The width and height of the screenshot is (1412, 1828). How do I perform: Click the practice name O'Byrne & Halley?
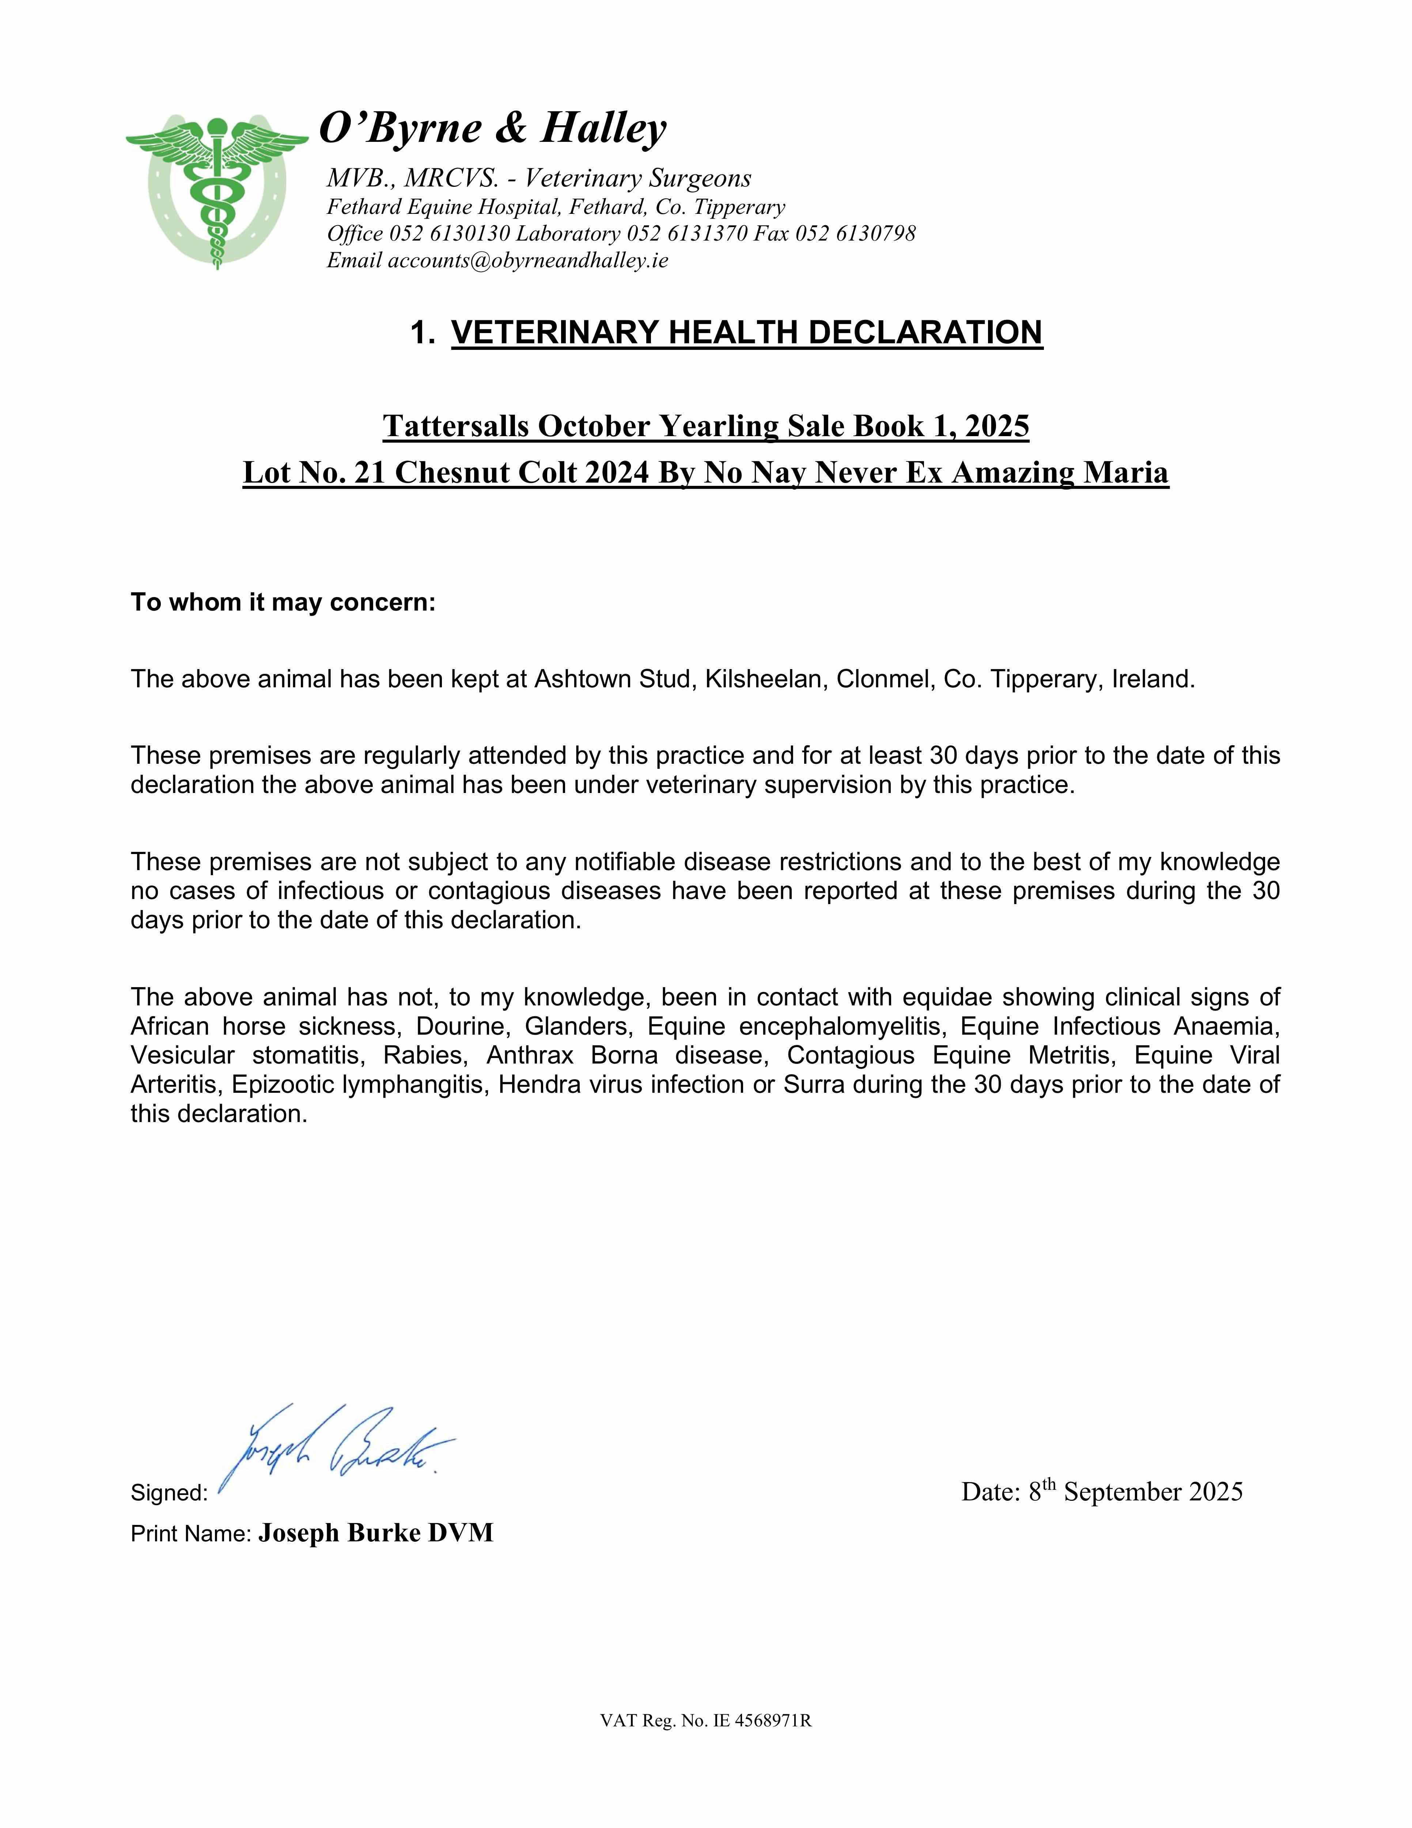coord(493,128)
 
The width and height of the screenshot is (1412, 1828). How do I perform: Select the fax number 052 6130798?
coord(855,234)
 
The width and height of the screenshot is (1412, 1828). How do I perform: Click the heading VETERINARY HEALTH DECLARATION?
coord(747,332)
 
